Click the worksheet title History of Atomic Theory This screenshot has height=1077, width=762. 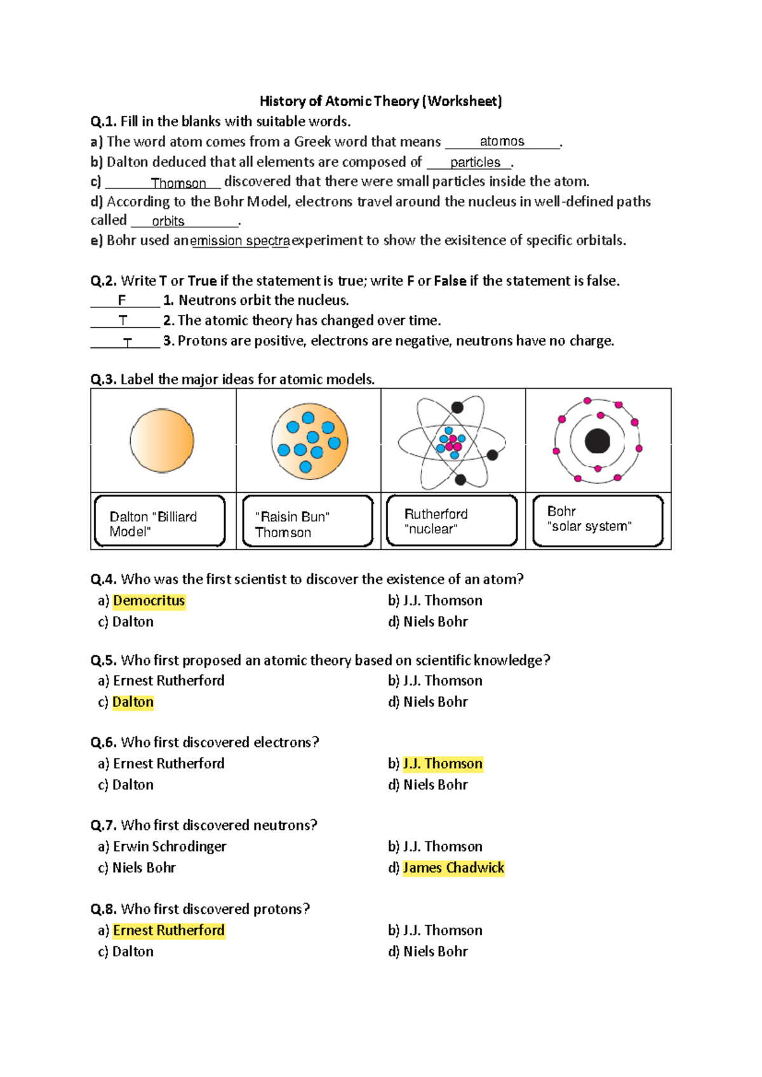[x=380, y=101]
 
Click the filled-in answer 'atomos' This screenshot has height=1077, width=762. [x=502, y=141]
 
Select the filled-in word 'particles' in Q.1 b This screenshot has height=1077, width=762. [x=475, y=163]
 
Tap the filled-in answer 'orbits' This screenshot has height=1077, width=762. [x=168, y=221]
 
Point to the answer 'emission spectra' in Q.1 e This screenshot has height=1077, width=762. [x=240, y=241]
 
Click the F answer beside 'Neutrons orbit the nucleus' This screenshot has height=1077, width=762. [x=122, y=300]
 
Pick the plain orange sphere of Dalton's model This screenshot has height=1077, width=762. [x=162, y=441]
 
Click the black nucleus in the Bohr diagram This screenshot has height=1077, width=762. [x=597, y=441]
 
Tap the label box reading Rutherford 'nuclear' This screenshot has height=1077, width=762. [x=451, y=521]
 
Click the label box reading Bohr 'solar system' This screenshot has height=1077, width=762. [x=598, y=521]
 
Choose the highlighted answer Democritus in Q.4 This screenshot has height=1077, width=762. [x=149, y=601]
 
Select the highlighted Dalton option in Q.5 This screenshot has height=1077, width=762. [x=133, y=702]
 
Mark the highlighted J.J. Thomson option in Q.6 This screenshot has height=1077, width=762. [x=443, y=764]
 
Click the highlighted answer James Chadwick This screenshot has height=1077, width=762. [x=453, y=868]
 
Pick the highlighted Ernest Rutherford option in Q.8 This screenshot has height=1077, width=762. [x=169, y=930]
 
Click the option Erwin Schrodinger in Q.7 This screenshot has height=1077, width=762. [x=169, y=846]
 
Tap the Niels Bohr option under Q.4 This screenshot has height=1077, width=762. [x=435, y=622]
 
